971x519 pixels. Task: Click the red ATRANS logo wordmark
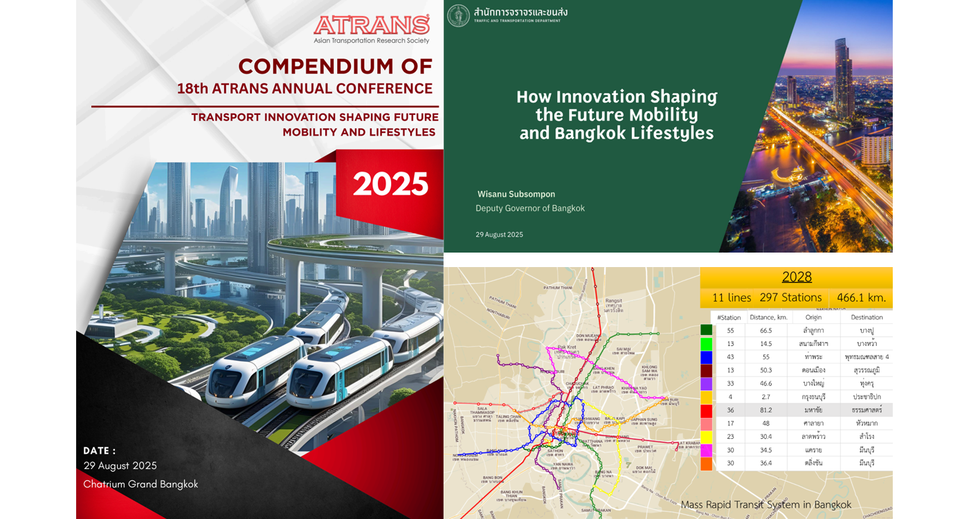(x=372, y=25)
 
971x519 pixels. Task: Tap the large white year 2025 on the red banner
(x=390, y=184)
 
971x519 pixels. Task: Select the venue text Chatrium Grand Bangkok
(x=140, y=484)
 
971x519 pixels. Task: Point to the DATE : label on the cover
(x=100, y=450)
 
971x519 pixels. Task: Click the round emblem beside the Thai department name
(x=458, y=15)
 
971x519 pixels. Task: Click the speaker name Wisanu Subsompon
(x=516, y=194)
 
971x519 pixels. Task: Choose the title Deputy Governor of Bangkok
(x=530, y=208)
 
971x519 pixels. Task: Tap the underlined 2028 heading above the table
(x=797, y=277)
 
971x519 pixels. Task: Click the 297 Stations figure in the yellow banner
(x=790, y=298)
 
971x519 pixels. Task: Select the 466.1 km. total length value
(x=861, y=298)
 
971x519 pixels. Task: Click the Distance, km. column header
(x=766, y=317)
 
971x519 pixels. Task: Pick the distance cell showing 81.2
(x=765, y=410)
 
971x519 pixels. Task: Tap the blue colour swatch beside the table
(x=706, y=357)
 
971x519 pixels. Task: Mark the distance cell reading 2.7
(x=765, y=397)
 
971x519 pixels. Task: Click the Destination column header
(x=866, y=317)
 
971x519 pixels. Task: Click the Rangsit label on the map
(x=614, y=300)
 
